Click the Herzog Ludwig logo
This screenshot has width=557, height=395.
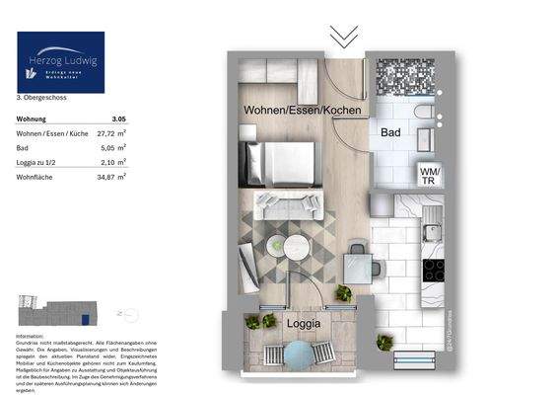[60, 61]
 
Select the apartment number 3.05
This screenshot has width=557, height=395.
[119, 118]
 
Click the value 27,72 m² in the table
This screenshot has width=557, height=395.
[115, 131]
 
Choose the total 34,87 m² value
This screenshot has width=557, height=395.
[115, 176]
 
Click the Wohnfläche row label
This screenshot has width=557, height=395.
[35, 176]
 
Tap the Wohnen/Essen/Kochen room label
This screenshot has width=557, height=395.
[302, 111]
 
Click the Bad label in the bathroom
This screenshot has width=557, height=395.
[390, 130]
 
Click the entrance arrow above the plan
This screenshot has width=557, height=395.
[344, 38]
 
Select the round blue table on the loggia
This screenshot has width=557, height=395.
[298, 353]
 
